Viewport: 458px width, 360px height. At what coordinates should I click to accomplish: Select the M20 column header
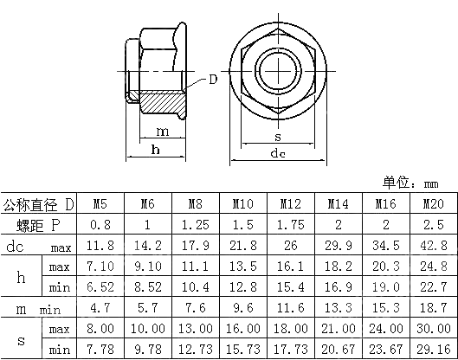pos(431,205)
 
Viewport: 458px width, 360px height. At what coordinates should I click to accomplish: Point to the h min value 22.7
pos(431,286)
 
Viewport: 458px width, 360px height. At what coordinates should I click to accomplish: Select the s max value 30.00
pos(431,330)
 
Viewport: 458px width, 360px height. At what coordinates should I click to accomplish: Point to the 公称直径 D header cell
pos(39,205)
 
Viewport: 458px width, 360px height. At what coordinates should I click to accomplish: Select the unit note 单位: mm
pos(411,183)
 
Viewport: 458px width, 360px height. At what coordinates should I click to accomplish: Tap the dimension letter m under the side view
pos(162,131)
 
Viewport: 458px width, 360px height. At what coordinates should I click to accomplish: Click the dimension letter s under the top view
pos(277,137)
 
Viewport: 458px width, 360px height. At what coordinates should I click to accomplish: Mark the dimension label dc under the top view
pos(277,153)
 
